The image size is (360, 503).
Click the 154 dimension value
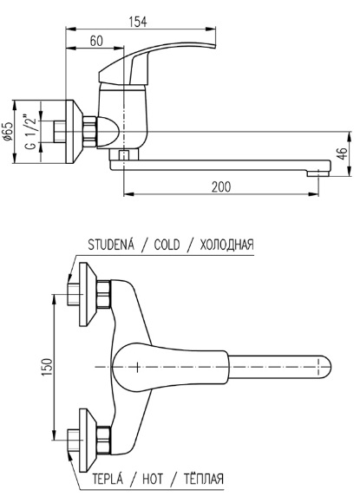(137, 22)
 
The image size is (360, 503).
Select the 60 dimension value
(96, 41)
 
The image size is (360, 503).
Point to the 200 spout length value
(220, 186)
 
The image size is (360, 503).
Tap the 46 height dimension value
(343, 154)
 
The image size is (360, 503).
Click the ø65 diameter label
(8, 132)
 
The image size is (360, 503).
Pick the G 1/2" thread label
(30, 131)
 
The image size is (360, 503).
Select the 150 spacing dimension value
(47, 368)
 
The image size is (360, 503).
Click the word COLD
(167, 245)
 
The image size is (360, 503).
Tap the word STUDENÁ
(111, 244)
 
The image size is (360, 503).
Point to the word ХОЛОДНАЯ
(227, 245)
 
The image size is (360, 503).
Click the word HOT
(153, 480)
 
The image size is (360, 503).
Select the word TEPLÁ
(108, 479)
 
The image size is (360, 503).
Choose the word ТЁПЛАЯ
(204, 479)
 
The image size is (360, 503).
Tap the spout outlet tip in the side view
(317, 173)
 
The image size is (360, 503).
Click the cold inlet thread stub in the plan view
(74, 294)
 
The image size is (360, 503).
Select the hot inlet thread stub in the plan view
(74, 441)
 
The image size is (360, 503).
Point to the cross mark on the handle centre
(137, 367)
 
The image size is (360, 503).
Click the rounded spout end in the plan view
(324, 367)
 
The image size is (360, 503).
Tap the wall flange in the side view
(75, 132)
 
